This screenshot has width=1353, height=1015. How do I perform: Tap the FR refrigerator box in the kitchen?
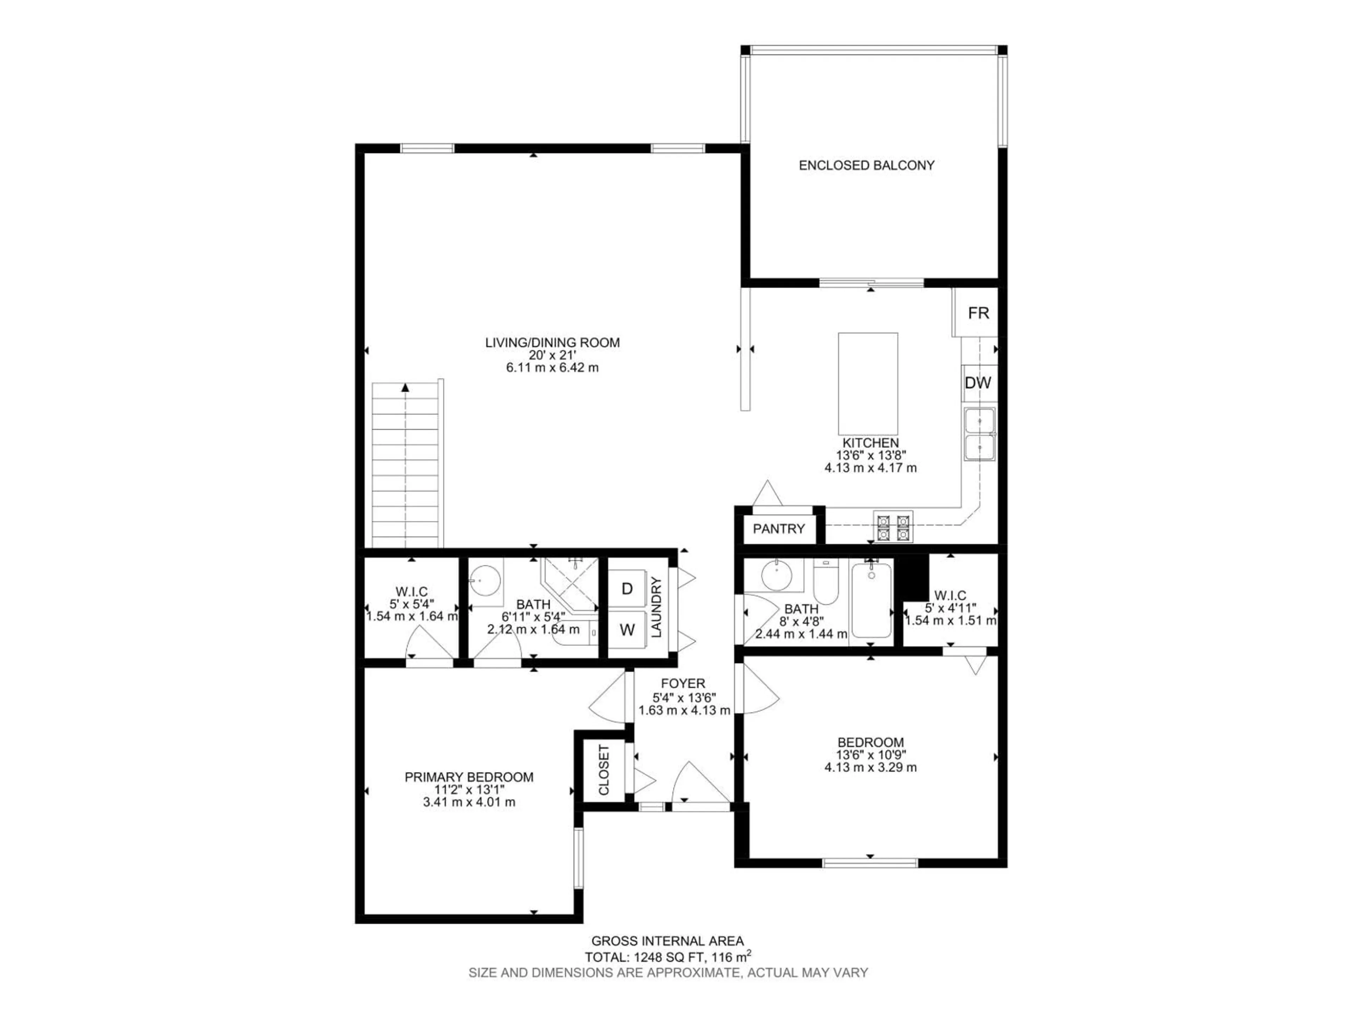pyautogui.click(x=978, y=313)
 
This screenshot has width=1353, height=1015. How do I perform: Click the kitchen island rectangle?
pyautogui.click(x=867, y=383)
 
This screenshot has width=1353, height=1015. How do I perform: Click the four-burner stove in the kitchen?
pyautogui.click(x=893, y=527)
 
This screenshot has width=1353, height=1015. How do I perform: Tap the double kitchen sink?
pyautogui.click(x=979, y=435)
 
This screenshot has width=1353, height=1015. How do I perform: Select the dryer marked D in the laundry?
pyautogui.click(x=627, y=589)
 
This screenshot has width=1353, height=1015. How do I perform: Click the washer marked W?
pyautogui.click(x=627, y=630)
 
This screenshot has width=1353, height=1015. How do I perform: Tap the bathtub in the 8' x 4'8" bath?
pyautogui.click(x=871, y=601)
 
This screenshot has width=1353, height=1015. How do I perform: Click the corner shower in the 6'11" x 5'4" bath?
pyautogui.click(x=569, y=581)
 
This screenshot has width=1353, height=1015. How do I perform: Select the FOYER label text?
pyautogui.click(x=682, y=683)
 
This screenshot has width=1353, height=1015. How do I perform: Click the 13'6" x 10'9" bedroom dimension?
pyautogui.click(x=870, y=755)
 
